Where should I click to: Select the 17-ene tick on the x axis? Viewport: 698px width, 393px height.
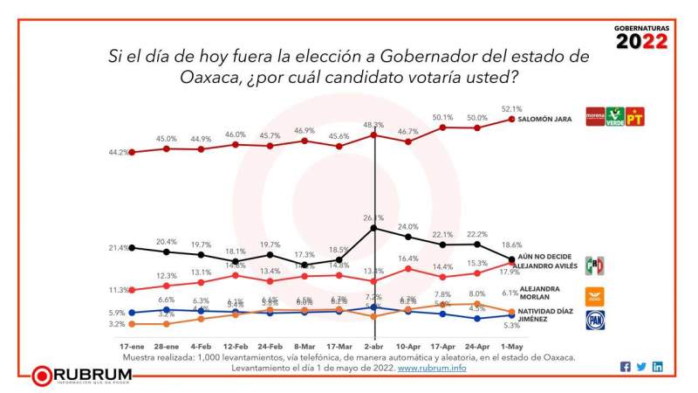click(132, 347)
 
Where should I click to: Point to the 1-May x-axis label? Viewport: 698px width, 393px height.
click(512, 347)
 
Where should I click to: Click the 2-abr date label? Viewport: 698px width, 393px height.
click(374, 347)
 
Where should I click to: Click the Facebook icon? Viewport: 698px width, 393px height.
click(625, 367)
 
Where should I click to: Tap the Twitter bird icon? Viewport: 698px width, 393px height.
click(641, 367)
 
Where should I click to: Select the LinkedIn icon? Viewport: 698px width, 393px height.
click(657, 367)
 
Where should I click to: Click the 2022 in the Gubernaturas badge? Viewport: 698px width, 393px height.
click(642, 42)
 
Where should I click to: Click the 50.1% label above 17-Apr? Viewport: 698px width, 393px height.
click(443, 117)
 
